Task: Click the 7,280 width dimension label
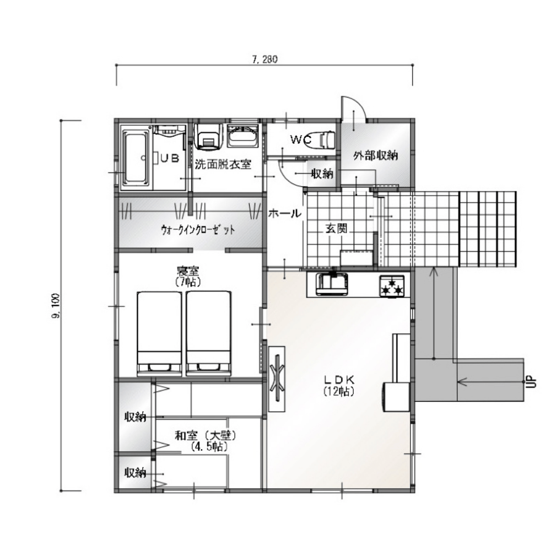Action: click(264, 59)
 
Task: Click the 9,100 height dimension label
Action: click(56, 306)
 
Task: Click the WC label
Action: click(301, 140)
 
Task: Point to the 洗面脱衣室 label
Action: click(223, 164)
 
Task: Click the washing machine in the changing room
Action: click(209, 136)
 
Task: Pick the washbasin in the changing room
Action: click(243, 136)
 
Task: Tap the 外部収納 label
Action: click(376, 155)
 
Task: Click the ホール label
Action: click(285, 213)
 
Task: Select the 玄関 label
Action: click(336, 229)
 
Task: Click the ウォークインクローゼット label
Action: click(198, 230)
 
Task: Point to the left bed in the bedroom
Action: click(160, 333)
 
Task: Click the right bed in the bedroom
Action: click(209, 333)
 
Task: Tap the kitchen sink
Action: click(332, 284)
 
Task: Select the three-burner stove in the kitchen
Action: click(392, 285)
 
